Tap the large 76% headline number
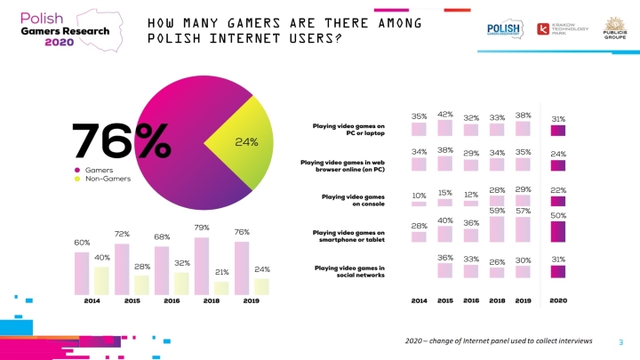point(121,141)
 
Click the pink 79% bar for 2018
point(202,265)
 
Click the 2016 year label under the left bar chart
point(161,300)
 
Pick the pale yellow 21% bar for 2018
point(221,287)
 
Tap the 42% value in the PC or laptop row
point(445,114)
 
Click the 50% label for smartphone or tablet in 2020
point(557,215)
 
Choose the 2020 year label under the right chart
point(557,300)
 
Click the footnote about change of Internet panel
point(499,341)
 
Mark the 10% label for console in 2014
point(419,196)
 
